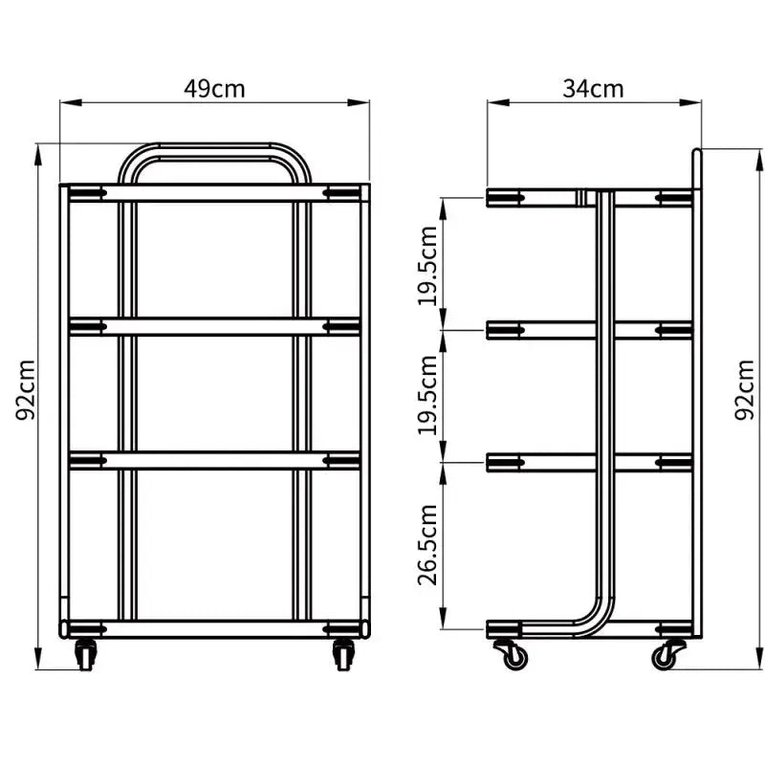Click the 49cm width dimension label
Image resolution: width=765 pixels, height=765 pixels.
coord(214,89)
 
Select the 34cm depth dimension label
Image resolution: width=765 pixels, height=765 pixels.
coord(593,89)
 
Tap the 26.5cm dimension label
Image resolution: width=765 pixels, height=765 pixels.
coord(428,544)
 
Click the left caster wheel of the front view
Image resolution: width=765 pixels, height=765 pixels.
coord(87,655)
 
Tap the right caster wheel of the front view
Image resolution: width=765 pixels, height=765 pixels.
coord(342,655)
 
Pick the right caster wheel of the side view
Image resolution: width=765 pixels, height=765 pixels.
coord(664,656)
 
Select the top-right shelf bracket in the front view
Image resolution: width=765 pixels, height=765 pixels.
coord(340,194)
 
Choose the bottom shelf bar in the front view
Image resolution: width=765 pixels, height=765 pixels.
coord(214,628)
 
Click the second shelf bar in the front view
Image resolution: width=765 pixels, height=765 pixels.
coord(214,327)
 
